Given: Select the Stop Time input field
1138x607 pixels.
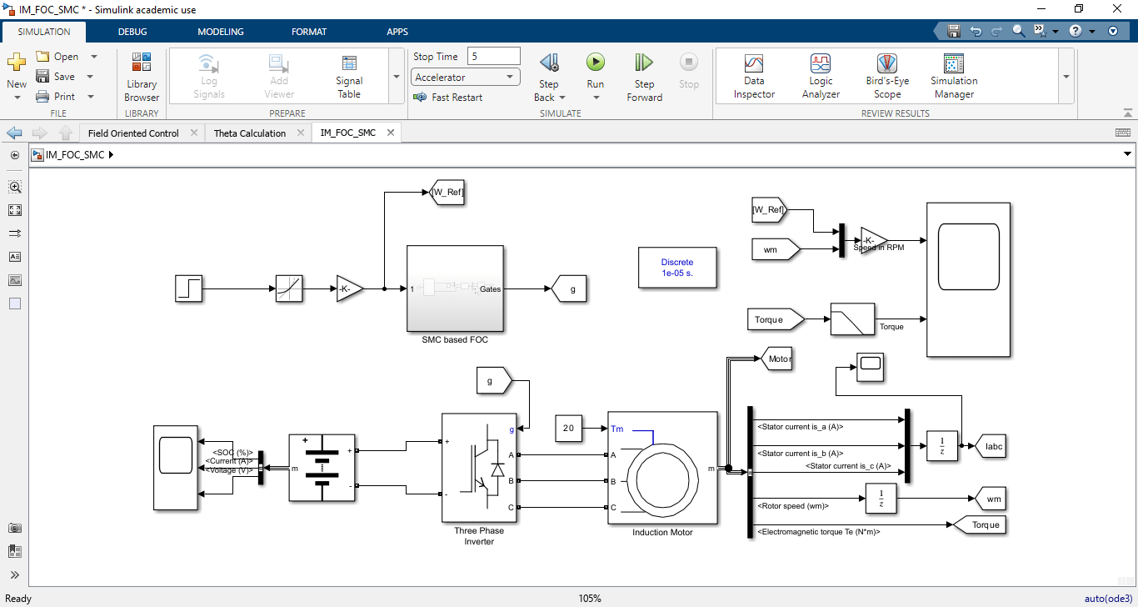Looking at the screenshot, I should [x=493, y=57].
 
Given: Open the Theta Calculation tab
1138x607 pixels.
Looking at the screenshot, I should [x=250, y=133].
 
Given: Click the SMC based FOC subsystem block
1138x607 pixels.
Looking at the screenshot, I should [x=455, y=288].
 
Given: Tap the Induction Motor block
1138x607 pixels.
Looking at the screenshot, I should [x=662, y=468].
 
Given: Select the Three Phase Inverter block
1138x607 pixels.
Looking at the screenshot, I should [x=479, y=468].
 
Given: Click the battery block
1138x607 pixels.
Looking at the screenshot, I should [x=322, y=468].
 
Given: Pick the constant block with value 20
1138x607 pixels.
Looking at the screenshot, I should [x=568, y=429].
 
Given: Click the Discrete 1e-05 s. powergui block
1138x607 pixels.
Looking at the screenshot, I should [x=677, y=268].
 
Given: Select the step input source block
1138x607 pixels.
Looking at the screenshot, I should [x=189, y=289].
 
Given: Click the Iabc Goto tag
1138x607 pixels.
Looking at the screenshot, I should [x=992, y=446].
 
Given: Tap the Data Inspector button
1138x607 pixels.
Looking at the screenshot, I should [x=754, y=75].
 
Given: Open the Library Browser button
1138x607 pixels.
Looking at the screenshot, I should [x=142, y=77].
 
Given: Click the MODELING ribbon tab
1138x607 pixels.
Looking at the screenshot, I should [x=221, y=32].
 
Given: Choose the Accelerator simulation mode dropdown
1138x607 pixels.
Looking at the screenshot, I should [x=466, y=78].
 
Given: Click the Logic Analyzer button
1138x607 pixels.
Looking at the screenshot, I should [x=821, y=75].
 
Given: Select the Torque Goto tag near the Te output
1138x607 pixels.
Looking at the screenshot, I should [x=981, y=525].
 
